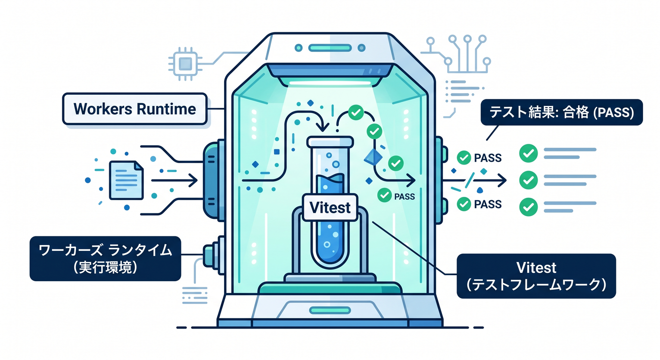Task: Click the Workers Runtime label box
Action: click(135, 109)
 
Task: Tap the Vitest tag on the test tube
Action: click(330, 207)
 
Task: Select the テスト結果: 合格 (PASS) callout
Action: click(562, 112)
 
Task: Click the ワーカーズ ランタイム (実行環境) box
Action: click(105, 258)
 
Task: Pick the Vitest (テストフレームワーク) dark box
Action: click(536, 276)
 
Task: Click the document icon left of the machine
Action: click(127, 180)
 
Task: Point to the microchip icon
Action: click(185, 64)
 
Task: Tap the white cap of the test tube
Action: click(330, 142)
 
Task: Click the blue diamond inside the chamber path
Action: click(373, 157)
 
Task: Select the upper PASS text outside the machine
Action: click(487, 158)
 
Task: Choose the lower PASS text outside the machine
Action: click(487, 204)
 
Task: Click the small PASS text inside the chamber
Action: click(404, 196)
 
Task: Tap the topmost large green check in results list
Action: click(528, 153)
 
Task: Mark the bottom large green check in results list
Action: click(528, 207)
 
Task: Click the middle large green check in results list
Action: click(528, 180)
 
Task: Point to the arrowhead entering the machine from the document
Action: click(193, 180)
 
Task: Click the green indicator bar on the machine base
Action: click(330, 310)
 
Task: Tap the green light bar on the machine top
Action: click(330, 48)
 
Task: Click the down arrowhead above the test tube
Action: click(322, 127)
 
